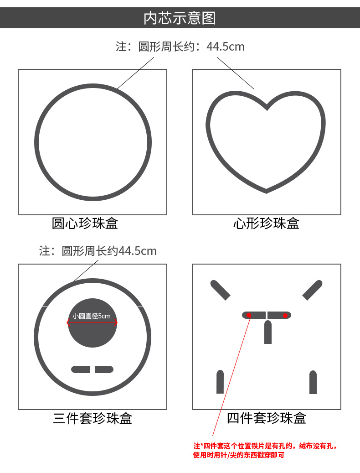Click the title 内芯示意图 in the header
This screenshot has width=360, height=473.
click(180, 18)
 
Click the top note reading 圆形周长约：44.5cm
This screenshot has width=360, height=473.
click(180, 47)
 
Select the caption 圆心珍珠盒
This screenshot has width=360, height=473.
click(85, 224)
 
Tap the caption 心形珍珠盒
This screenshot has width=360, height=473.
click(266, 224)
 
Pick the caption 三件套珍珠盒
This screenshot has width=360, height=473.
click(93, 418)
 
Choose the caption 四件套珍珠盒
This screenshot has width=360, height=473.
click(266, 418)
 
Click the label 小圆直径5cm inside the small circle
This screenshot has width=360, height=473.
click(92, 316)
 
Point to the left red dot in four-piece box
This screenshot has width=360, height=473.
click(249, 315)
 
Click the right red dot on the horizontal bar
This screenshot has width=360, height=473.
click(285, 315)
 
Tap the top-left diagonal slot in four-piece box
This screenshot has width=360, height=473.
click(220, 290)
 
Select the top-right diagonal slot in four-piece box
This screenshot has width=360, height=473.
click(313, 290)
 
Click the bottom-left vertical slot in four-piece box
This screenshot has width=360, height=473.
click(220, 382)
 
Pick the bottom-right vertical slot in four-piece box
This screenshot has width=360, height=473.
click(313, 382)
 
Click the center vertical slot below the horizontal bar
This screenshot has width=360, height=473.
click(268, 332)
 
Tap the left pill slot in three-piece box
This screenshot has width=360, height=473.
click(81, 369)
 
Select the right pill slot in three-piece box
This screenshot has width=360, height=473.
click(104, 369)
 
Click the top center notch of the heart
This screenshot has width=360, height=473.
click(267, 109)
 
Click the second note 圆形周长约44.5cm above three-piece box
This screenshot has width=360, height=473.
click(98, 251)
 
